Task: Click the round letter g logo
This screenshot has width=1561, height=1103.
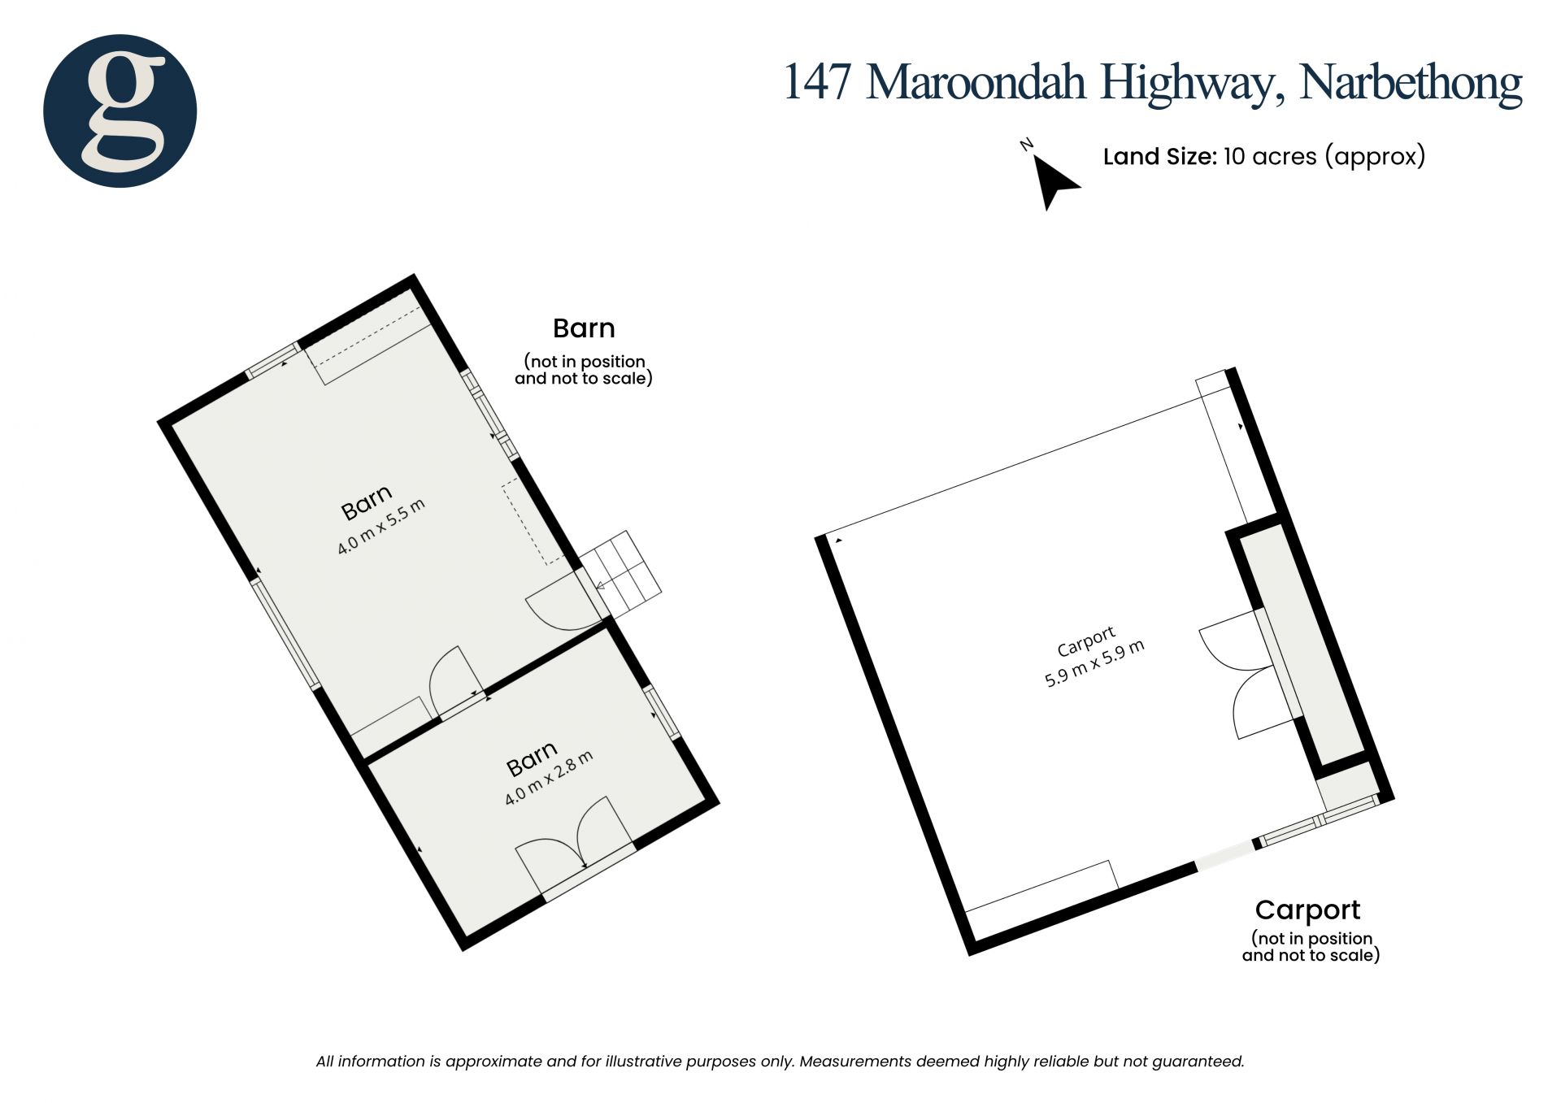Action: coord(120,111)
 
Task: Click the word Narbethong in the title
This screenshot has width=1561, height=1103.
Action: coord(1411,82)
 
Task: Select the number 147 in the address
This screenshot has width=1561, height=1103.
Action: coord(817,82)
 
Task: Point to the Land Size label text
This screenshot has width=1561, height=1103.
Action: coord(1159,156)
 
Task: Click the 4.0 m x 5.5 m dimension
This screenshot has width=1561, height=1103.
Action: coord(381,527)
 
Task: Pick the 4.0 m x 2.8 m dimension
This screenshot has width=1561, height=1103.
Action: coord(549,778)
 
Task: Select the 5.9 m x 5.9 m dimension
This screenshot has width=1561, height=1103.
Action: coord(1094,663)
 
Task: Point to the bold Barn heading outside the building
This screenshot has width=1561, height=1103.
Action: coord(584,328)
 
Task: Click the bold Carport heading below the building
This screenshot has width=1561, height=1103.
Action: coord(1307,910)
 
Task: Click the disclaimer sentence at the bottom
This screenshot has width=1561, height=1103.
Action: coord(780,1062)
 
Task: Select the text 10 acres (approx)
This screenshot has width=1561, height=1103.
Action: coord(1324,156)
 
